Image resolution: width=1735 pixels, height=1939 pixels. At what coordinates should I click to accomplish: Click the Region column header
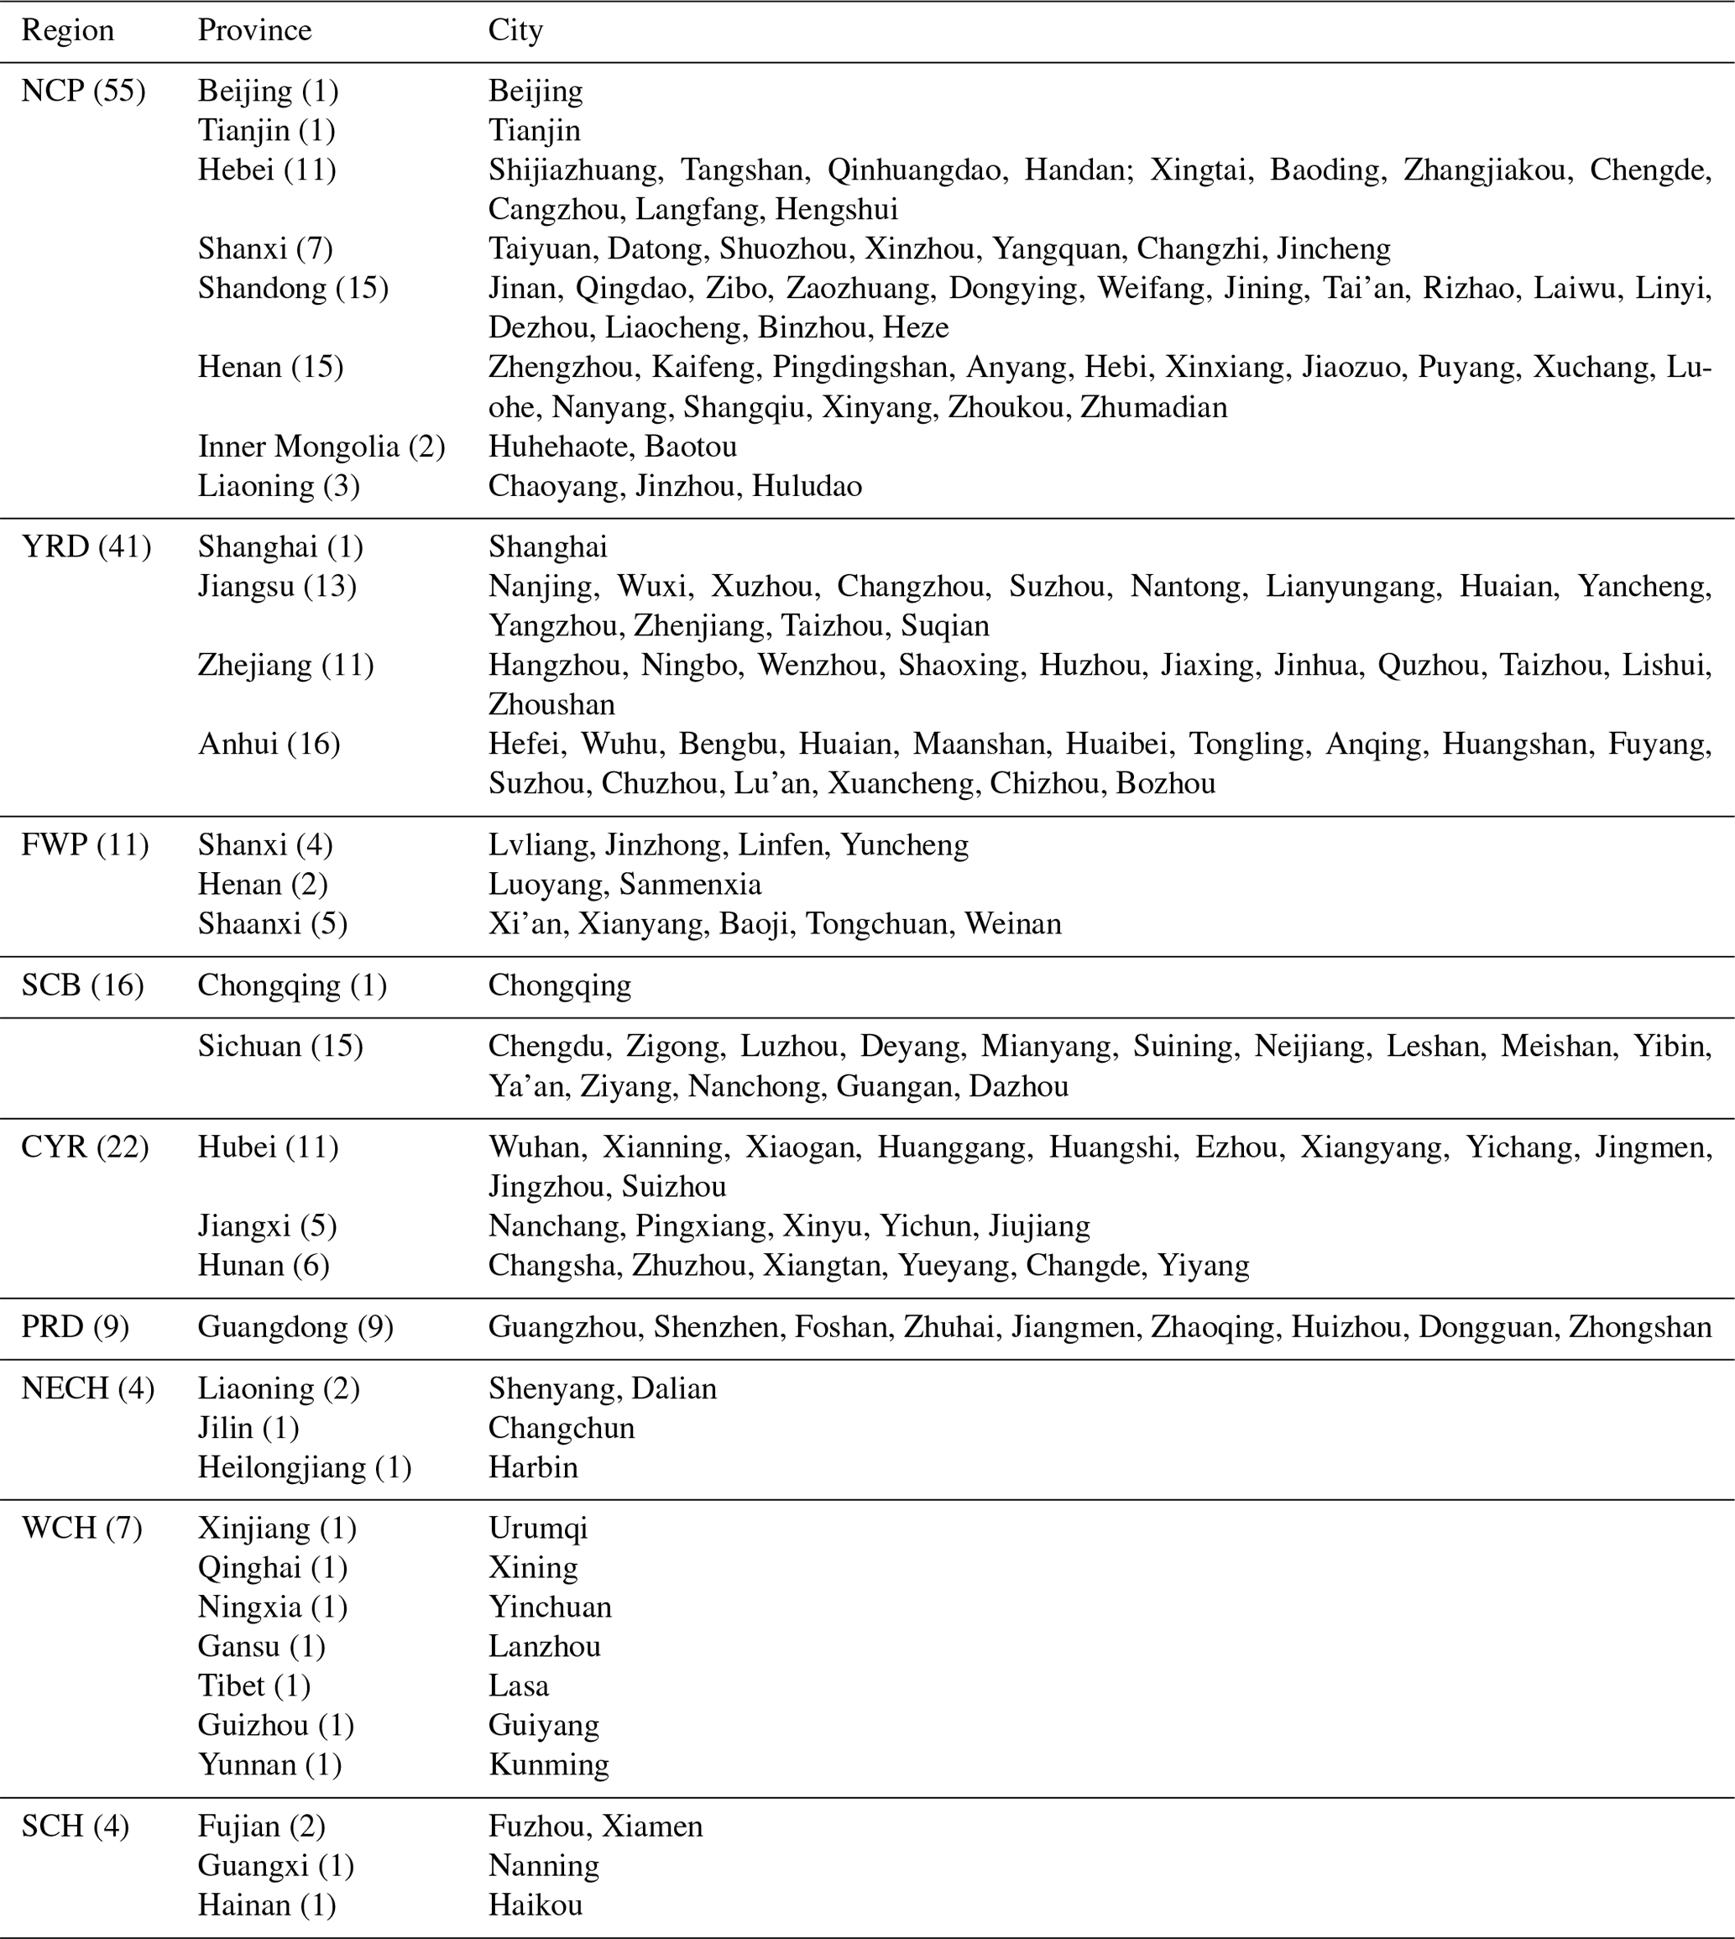pos(68,30)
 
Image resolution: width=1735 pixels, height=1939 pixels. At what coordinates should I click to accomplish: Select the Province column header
pos(254,30)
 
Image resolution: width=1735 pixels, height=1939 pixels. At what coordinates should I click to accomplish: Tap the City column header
pos(515,30)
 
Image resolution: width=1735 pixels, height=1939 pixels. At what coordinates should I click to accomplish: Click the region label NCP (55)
pos(83,91)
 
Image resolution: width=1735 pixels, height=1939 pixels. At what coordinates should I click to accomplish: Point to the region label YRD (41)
pos(86,547)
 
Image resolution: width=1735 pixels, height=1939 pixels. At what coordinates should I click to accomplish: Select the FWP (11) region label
pos(85,845)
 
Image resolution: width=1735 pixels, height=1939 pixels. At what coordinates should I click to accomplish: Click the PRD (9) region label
pos(75,1328)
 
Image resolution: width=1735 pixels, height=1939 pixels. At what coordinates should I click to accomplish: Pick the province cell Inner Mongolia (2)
pos(321,447)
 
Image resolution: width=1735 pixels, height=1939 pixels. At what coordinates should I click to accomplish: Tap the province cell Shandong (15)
pos(293,288)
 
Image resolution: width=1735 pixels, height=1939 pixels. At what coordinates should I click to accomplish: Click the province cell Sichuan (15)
pos(280,1047)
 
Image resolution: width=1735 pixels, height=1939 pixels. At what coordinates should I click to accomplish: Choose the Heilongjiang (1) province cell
pos(304,1467)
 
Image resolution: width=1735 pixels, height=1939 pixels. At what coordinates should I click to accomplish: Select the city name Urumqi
pos(538,1529)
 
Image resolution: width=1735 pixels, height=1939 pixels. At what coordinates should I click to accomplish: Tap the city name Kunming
pos(548,1765)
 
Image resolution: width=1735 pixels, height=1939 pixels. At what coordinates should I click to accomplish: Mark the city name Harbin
pos(533,1467)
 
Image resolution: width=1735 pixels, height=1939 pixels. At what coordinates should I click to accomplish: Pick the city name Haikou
pos(535,1905)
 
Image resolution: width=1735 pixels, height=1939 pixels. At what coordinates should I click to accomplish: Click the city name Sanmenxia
pos(690,885)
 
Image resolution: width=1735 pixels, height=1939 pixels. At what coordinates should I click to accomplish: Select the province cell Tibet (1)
pos(253,1686)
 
